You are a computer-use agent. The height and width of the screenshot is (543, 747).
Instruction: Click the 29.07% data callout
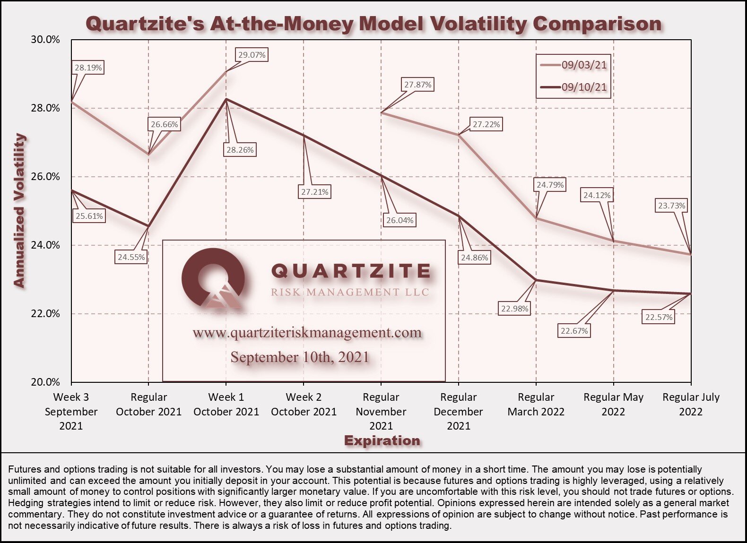click(x=252, y=55)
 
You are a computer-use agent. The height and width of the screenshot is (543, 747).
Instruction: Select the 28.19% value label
click(x=88, y=68)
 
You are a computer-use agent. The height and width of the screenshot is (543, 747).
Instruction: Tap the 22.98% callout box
click(x=514, y=309)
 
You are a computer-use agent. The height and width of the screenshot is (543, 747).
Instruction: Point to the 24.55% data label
click(x=131, y=257)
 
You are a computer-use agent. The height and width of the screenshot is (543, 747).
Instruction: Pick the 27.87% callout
click(x=417, y=85)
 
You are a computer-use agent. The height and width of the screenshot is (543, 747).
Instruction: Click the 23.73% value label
click(x=671, y=206)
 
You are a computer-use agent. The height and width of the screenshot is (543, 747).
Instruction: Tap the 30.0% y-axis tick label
click(x=45, y=40)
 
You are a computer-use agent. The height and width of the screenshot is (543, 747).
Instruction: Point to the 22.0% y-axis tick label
click(x=45, y=314)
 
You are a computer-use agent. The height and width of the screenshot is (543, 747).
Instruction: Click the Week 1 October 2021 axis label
click(x=226, y=405)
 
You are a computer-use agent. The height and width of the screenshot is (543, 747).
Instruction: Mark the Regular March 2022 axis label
click(x=536, y=405)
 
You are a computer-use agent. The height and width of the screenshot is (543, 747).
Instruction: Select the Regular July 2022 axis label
click(x=691, y=405)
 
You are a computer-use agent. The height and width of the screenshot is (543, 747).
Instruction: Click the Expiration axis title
click(x=382, y=440)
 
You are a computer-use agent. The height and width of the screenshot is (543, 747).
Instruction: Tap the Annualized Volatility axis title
click(x=19, y=211)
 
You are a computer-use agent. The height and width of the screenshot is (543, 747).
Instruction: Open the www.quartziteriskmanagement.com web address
click(x=307, y=333)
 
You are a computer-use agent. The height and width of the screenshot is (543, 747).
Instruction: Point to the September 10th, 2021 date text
click(x=300, y=357)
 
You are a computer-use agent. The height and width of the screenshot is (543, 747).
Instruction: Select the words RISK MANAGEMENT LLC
click(x=350, y=292)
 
